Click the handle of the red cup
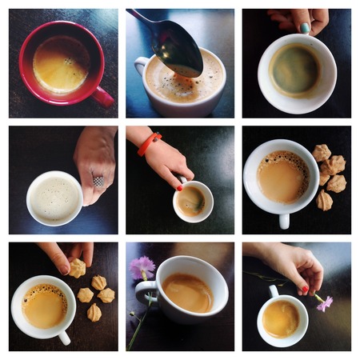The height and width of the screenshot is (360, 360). pyautogui.click(x=103, y=98)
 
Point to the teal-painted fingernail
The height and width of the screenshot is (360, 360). pyautogui.click(x=305, y=27)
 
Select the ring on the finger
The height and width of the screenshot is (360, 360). pyautogui.click(x=98, y=182)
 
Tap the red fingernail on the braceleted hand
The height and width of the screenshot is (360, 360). pyautogui.click(x=180, y=187)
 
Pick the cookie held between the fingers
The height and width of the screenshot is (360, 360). pyautogui.click(x=78, y=268)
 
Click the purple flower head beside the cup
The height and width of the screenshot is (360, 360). pyautogui.click(x=143, y=266)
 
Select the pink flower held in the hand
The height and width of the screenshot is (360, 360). pyautogui.click(x=324, y=303)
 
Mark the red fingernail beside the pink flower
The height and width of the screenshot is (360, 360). pyautogui.click(x=305, y=289)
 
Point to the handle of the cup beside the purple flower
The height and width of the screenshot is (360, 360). pyautogui.click(x=146, y=294)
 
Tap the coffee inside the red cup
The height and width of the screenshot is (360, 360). pyautogui.click(x=61, y=64)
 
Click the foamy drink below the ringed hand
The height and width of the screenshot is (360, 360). pyautogui.click(x=54, y=197)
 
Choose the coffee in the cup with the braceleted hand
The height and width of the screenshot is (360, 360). pyautogui.click(x=192, y=201)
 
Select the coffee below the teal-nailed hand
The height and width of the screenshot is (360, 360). pyautogui.click(x=295, y=71)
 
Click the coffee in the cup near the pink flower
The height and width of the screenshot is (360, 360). pyautogui.click(x=281, y=318)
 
